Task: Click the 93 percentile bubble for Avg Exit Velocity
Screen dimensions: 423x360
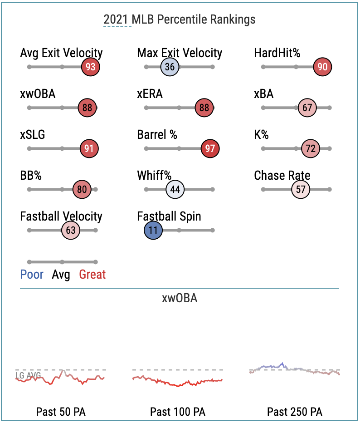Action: (90, 67)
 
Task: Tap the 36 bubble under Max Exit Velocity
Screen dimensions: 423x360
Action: (170, 67)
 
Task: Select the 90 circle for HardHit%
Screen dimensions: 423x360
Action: (323, 67)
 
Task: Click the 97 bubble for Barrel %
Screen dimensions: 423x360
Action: (210, 149)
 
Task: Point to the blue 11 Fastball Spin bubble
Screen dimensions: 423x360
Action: (153, 231)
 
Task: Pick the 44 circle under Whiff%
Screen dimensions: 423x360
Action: (175, 190)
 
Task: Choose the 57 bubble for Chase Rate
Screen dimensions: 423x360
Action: (301, 190)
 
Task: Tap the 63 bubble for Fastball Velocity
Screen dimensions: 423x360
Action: (71, 231)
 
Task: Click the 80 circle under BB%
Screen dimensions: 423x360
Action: (82, 190)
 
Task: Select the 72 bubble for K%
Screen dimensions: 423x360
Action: (311, 149)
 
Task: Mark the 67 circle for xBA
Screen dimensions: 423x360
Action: (307, 108)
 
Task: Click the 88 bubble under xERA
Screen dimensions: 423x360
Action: (204, 108)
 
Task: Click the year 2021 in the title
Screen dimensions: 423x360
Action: (117, 20)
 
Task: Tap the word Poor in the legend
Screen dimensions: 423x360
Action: (32, 275)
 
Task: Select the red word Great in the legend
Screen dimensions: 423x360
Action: (92, 275)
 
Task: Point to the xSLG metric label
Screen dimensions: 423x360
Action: (33, 135)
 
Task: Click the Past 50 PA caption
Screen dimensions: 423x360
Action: (61, 412)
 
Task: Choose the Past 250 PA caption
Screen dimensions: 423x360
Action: (295, 412)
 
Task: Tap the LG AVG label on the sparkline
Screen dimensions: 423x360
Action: (28, 376)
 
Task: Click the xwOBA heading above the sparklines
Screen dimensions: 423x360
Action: (180, 299)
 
